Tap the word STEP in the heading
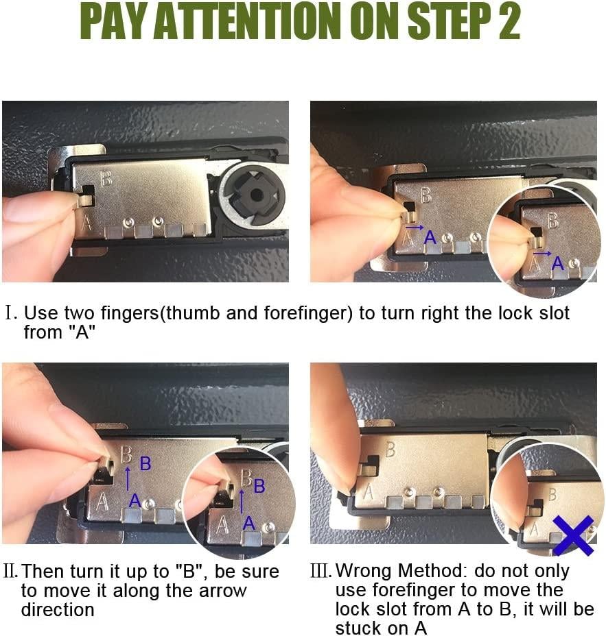click(448, 21)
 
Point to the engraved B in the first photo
click(106, 178)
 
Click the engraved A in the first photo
click(86, 223)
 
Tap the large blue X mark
click(573, 536)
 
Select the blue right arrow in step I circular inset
click(542, 254)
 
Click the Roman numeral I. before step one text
click(10, 313)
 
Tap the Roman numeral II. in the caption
click(10, 572)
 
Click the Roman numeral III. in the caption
click(321, 571)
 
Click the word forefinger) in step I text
click(308, 313)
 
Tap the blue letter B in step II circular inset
click(259, 487)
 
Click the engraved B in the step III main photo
click(390, 450)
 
